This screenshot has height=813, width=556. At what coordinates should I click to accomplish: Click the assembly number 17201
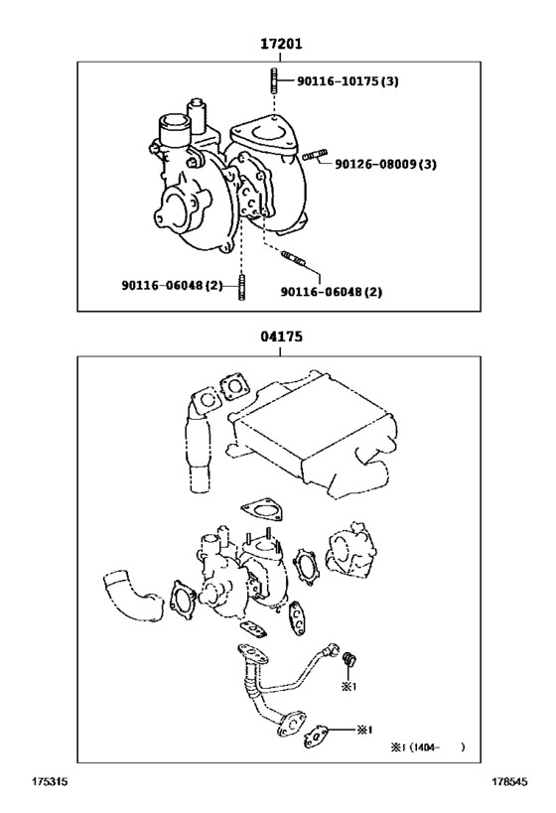click(x=281, y=45)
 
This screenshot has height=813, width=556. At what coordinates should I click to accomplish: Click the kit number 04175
click(x=281, y=337)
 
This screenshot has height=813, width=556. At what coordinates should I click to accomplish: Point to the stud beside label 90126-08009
click(x=314, y=156)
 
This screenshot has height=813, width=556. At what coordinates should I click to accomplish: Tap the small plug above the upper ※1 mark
click(x=348, y=659)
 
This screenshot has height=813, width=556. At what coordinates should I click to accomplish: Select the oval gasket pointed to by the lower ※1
click(x=319, y=734)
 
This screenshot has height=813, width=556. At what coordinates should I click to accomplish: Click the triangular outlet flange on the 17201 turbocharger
click(x=263, y=136)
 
